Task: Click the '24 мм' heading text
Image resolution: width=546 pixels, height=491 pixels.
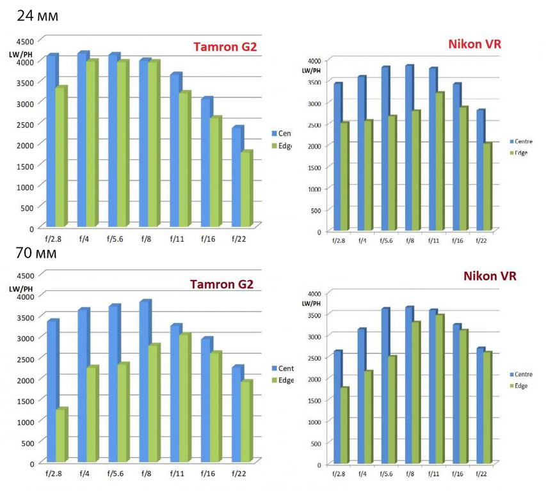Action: tap(37, 15)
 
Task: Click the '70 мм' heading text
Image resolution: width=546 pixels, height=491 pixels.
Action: tap(37, 254)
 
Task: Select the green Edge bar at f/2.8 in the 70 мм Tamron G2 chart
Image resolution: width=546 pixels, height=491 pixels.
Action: tap(60, 435)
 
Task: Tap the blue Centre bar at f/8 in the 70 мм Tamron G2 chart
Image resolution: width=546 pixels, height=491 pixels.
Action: tap(145, 381)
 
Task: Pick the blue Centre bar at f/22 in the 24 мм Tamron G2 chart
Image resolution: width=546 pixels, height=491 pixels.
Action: tap(237, 176)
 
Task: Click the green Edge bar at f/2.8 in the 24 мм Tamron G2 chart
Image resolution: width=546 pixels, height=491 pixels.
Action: tap(60, 157)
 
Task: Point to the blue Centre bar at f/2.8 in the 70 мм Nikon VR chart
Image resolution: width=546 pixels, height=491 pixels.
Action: tap(337, 407)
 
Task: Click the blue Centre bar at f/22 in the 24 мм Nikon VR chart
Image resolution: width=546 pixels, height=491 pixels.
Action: tap(480, 170)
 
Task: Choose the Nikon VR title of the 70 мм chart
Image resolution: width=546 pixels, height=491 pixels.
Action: tap(490, 276)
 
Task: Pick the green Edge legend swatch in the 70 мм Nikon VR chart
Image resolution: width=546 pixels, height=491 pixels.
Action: tap(511, 386)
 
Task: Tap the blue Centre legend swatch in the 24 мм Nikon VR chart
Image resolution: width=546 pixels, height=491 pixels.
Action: tap(511, 141)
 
